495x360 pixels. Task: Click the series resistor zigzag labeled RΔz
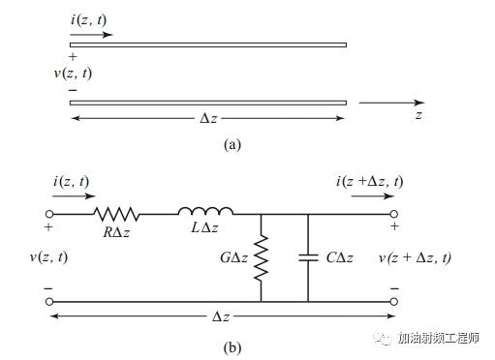click(x=116, y=214)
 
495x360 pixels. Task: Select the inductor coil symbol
click(x=205, y=211)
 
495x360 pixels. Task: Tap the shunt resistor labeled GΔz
click(x=261, y=258)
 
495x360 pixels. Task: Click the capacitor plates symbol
click(x=308, y=257)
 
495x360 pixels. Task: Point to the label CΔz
click(x=339, y=257)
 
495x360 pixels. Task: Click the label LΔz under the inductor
click(x=204, y=227)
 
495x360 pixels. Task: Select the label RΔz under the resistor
click(x=116, y=232)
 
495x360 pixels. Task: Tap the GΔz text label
click(x=234, y=257)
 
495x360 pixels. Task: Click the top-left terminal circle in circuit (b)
click(x=49, y=214)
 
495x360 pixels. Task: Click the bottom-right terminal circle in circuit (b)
click(x=394, y=302)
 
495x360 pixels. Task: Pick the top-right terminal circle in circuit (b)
click(x=394, y=214)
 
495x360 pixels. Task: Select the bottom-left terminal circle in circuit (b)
click(x=49, y=302)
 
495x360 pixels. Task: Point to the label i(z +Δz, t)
click(x=370, y=182)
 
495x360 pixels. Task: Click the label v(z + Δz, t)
click(x=415, y=257)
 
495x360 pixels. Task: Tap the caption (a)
click(x=232, y=144)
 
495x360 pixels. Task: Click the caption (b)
click(x=232, y=347)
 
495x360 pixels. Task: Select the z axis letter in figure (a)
click(x=418, y=115)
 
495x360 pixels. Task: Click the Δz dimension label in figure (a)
click(x=208, y=118)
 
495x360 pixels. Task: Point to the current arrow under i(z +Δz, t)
click(x=373, y=196)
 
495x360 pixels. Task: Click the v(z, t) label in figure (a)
click(x=73, y=74)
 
